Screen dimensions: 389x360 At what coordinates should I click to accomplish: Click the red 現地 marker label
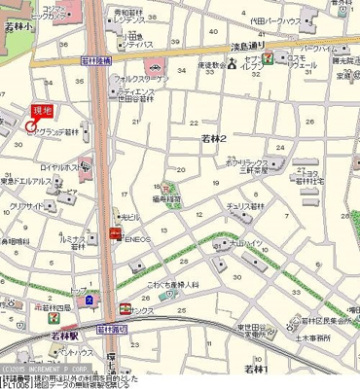pyautogui.click(x=42, y=111)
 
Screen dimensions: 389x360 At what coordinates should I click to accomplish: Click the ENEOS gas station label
pyautogui.click(x=138, y=235)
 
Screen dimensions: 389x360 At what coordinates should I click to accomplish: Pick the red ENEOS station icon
pyautogui.click(x=116, y=235)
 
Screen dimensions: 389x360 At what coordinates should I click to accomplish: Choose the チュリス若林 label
pyautogui.click(x=251, y=206)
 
